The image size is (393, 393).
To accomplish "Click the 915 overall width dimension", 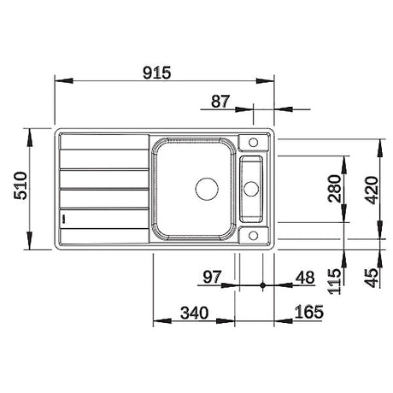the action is coord(156,73).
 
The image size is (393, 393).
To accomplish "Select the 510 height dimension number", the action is coord(21,185).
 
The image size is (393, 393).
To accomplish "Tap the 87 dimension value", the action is coord(220,102).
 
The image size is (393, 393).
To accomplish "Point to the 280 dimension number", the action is coord(334,189).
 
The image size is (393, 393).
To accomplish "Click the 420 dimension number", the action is coord(372,191).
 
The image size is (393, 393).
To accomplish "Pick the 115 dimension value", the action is coord(334,281).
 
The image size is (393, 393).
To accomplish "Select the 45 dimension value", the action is coord(372,277).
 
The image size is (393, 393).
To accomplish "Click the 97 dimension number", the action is coord(212,277).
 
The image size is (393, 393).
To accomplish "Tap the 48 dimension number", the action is coord(305,277).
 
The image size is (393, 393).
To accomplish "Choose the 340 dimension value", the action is coord(195,313).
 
